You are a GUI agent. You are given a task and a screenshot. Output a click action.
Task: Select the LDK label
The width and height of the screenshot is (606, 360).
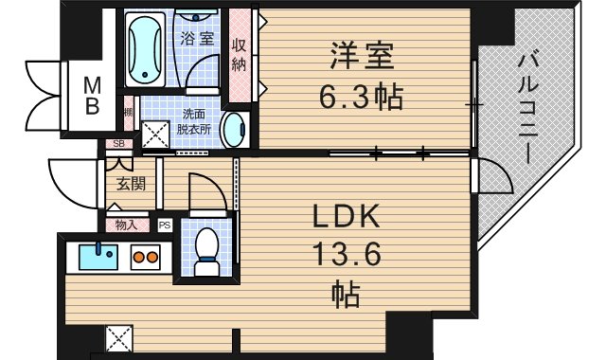[348, 218]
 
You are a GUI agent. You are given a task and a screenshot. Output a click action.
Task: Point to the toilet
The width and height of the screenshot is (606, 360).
[205, 248]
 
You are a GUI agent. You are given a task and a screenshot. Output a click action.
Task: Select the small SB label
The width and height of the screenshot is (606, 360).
[118, 144]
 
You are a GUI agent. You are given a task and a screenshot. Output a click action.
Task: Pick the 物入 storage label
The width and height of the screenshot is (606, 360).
[127, 225]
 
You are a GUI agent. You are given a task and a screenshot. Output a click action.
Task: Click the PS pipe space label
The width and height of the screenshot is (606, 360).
[164, 225]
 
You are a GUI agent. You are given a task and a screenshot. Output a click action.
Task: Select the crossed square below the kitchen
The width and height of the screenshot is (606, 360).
[119, 337]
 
